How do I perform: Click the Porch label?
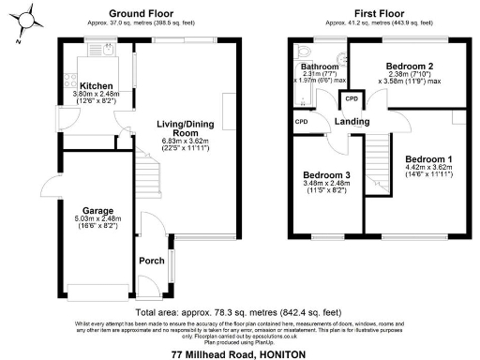pos(151,261)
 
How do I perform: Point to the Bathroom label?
pos(319,67)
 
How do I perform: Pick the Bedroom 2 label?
pos(408,67)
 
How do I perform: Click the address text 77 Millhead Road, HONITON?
pos(239,353)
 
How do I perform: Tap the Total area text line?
pos(238,311)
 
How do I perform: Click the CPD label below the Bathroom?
pos(302,122)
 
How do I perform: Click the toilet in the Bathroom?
pos(301,52)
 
